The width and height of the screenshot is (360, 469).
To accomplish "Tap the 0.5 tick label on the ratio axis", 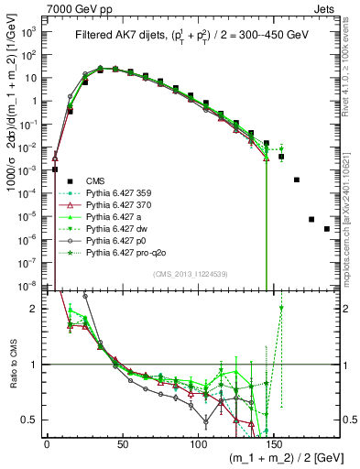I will [30, 420].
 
